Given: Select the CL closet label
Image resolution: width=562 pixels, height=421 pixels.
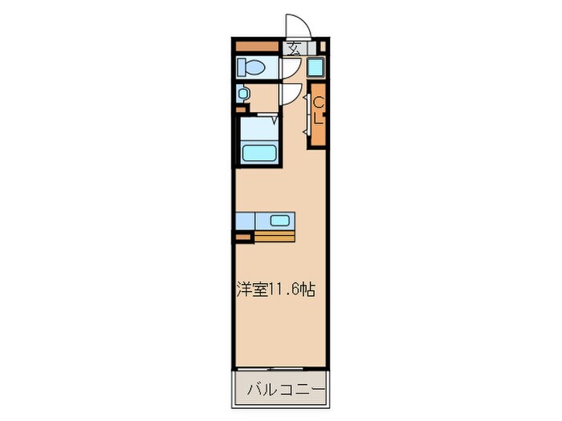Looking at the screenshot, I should click(x=319, y=110).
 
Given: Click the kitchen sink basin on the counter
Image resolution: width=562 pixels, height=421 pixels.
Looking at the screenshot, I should click(x=280, y=221).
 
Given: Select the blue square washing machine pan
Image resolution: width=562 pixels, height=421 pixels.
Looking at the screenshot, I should click(x=315, y=68).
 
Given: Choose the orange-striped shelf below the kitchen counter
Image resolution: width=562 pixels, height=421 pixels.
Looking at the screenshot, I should click(x=275, y=237).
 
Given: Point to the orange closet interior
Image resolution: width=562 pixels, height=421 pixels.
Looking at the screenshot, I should click(x=319, y=128).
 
